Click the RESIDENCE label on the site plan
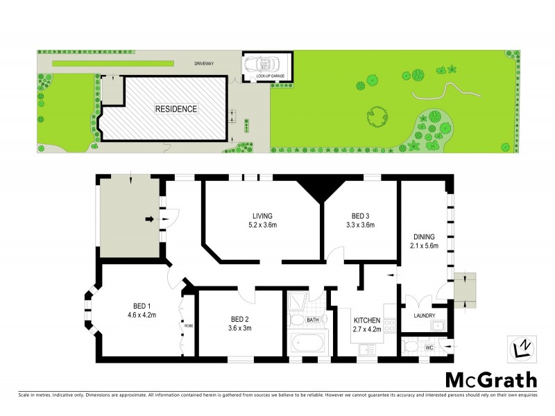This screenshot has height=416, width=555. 176,109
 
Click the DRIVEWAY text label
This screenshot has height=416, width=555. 205,63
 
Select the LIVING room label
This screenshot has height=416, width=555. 262,215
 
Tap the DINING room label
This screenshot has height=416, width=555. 422,236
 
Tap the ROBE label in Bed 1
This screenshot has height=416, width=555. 188,324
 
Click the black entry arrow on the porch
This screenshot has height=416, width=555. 149,220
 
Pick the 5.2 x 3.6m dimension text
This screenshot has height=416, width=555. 262,225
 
